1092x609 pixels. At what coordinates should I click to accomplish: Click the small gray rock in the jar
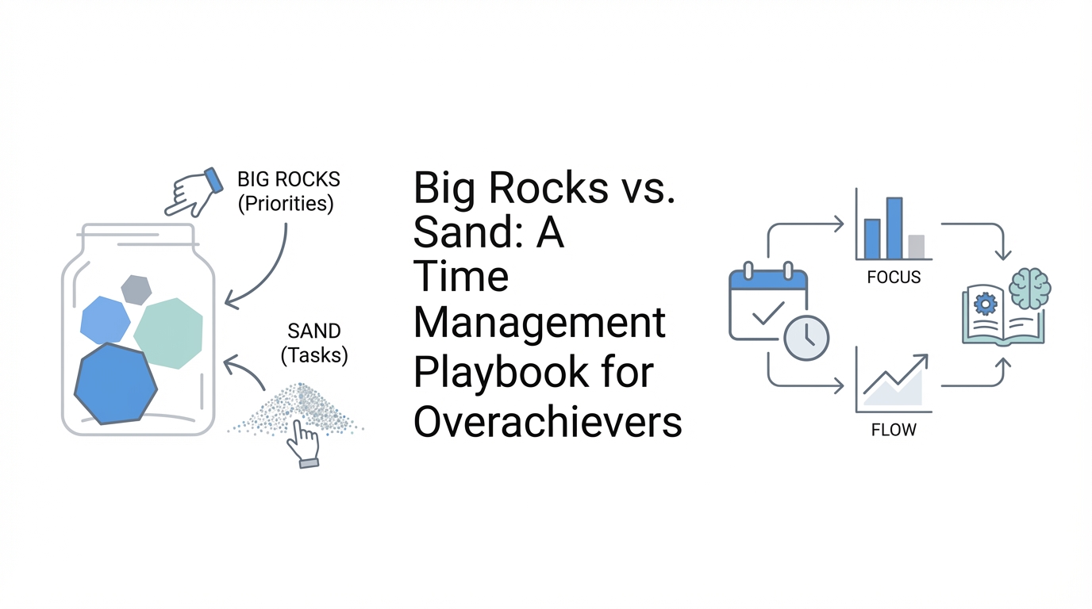[136, 290]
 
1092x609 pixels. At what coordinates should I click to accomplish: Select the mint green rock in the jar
[168, 334]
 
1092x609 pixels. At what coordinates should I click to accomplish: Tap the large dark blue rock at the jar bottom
[116, 384]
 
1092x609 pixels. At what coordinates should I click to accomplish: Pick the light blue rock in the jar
[106, 320]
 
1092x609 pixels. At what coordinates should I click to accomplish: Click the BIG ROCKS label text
[289, 179]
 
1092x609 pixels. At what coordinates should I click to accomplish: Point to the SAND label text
[314, 331]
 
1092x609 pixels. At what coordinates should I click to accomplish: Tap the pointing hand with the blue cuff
[194, 193]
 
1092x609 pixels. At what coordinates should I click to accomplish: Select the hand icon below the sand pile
[303, 444]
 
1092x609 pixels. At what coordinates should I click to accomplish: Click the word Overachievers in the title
[548, 422]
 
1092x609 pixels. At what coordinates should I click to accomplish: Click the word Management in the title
[539, 324]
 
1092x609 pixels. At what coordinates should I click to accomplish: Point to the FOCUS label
[894, 278]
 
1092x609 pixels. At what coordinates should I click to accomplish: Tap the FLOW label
[894, 430]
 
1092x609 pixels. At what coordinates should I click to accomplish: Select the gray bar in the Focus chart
[917, 247]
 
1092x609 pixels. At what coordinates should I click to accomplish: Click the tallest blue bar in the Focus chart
[894, 228]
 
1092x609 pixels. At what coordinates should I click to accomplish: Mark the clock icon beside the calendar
[806, 338]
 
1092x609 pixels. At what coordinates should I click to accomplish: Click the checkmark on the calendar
[768, 312]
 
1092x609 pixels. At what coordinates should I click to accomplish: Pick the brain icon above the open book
[1029, 289]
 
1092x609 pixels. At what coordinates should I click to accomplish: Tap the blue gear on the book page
[985, 305]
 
